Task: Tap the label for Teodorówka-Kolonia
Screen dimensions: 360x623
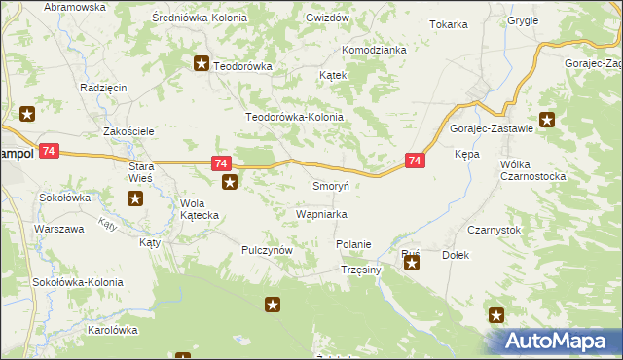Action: coord(295,117)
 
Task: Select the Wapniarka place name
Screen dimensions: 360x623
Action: coord(321,214)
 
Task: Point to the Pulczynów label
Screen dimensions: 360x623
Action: coord(268,250)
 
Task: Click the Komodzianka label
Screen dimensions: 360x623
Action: coord(373,50)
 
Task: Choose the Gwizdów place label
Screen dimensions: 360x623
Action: coord(327,18)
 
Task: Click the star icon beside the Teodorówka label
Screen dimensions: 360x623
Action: coord(202,65)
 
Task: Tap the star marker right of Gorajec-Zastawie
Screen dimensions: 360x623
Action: coord(547,120)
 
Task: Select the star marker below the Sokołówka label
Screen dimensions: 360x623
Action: coord(135,199)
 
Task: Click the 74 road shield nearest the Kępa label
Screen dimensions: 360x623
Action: coord(416,162)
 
